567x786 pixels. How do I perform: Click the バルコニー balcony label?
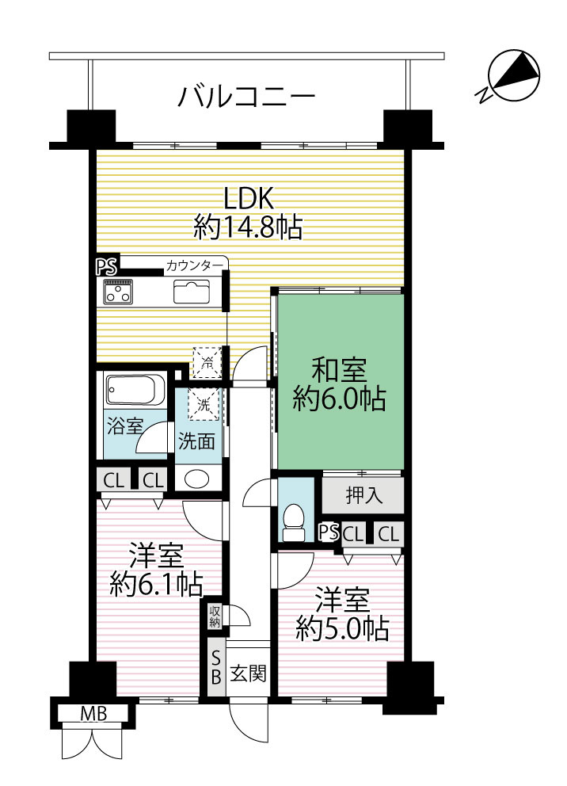(x=246, y=97)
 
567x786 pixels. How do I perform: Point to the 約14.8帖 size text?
(x=248, y=228)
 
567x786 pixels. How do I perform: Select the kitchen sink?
(x=191, y=292)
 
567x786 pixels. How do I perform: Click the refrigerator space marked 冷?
(x=207, y=363)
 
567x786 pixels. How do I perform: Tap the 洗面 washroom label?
(x=196, y=441)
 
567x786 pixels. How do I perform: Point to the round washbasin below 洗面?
(x=196, y=479)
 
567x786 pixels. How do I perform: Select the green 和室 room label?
(x=338, y=371)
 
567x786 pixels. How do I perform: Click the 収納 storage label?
(x=215, y=616)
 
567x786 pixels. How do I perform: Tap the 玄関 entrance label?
(x=247, y=674)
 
